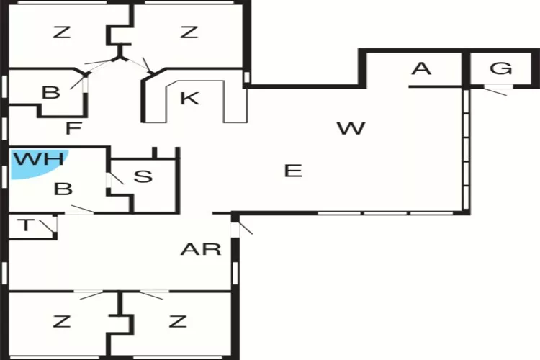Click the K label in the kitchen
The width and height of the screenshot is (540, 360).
[189, 99]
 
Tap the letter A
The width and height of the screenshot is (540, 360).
[421, 69]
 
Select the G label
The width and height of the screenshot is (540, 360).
[501, 69]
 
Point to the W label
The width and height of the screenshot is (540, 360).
[351, 129]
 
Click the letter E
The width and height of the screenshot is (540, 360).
[292, 171]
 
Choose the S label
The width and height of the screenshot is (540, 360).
[143, 176]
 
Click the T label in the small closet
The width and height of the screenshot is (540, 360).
[26, 225]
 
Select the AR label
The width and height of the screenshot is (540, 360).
[200, 250]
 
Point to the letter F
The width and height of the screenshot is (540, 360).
[71, 130]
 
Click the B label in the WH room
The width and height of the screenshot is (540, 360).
[63, 189]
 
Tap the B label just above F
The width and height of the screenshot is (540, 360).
[50, 93]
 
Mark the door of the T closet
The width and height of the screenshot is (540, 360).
[50, 227]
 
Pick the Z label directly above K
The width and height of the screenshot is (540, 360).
[189, 32]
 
